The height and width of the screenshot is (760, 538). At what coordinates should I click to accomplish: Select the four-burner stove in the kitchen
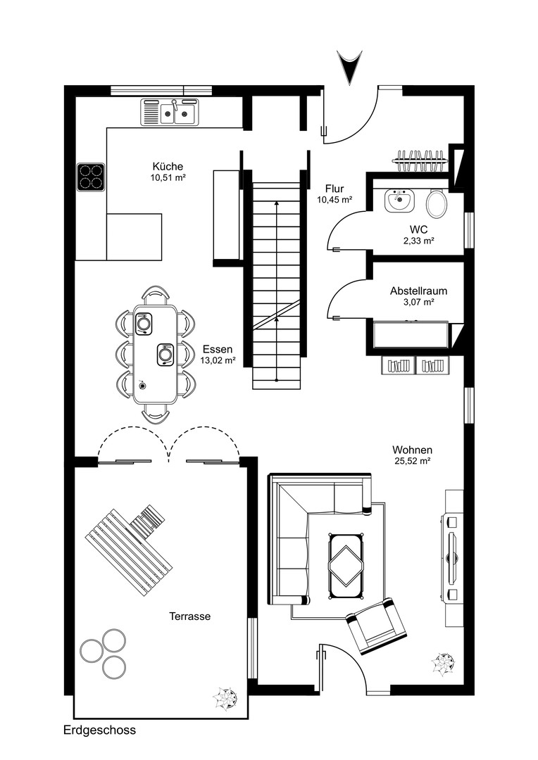[91, 177]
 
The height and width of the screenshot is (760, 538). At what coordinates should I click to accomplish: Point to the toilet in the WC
[437, 204]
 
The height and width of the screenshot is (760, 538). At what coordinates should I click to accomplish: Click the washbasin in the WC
[399, 201]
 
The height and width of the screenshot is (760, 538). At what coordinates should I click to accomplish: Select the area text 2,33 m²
[418, 241]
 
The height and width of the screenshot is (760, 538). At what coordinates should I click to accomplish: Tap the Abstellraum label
[418, 290]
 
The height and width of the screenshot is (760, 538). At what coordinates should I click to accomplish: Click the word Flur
[334, 189]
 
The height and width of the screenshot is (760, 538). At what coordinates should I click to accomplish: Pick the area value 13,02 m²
[218, 360]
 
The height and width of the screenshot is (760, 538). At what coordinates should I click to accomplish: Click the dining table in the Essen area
[155, 354]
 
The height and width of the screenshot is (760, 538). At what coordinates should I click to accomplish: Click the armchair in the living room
[376, 624]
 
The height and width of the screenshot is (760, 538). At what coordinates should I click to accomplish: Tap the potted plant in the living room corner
[444, 664]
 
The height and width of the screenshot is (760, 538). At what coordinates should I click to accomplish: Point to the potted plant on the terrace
[225, 698]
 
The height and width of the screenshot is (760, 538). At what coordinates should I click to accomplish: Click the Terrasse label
[189, 616]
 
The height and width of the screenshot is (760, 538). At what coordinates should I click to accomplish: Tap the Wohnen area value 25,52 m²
[413, 462]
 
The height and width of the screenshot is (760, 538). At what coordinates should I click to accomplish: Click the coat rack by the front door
[420, 160]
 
